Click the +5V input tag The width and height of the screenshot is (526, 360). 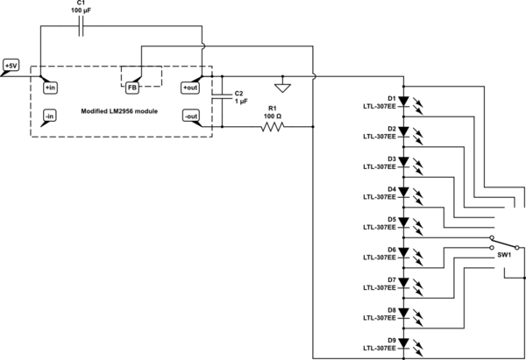(x=11, y=66)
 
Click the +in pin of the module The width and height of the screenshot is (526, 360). (x=49, y=88)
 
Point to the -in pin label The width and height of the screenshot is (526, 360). (x=49, y=116)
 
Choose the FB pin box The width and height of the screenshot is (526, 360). (x=131, y=87)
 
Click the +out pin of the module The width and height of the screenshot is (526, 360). (x=191, y=88)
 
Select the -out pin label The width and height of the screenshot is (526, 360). (x=191, y=116)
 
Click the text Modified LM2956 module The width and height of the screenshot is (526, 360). (x=119, y=111)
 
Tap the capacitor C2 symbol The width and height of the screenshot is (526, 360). (x=224, y=100)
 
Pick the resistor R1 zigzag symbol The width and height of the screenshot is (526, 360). (x=273, y=127)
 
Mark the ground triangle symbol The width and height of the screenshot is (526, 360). (x=282, y=87)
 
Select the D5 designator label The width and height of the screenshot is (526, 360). (x=391, y=219)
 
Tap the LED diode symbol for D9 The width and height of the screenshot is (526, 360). (x=403, y=342)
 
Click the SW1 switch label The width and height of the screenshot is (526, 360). (x=504, y=255)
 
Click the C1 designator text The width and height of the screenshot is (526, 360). (x=81, y=4)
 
